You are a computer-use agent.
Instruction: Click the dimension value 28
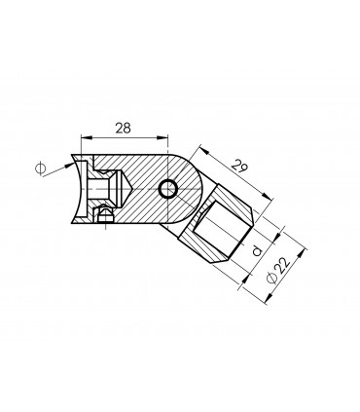coord(123,128)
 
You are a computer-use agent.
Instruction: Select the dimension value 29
coord(239,166)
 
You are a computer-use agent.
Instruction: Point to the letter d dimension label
coord(257,251)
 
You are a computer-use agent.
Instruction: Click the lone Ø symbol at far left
coord(41,169)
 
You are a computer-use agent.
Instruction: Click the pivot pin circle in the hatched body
coord(168,189)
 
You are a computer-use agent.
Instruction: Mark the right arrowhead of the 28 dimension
coord(163,138)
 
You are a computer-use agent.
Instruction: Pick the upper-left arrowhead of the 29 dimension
coord(203,150)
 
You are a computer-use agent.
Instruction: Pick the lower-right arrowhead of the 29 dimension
coord(267,197)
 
